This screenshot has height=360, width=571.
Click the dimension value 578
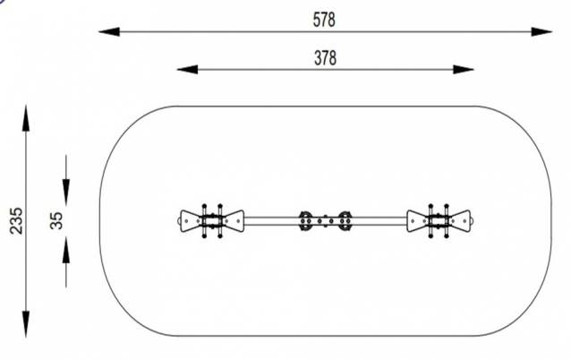pos(325,19)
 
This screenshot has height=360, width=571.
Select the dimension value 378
pos(325,57)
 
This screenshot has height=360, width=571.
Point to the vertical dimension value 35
pos(56,220)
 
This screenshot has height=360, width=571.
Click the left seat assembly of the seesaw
pos(212,219)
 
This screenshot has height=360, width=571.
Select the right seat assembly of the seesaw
pos(439,219)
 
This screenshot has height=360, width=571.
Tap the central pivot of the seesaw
pos(326,219)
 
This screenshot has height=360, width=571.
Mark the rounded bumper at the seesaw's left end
pos(177,219)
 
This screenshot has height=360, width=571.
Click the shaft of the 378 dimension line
pos(268,69)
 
